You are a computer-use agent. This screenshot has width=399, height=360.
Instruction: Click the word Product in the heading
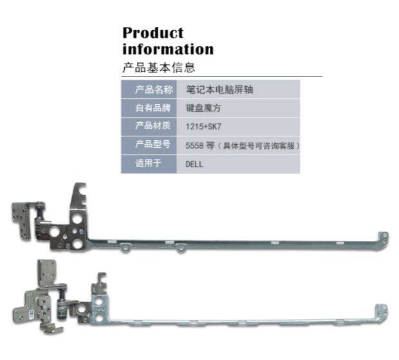153,33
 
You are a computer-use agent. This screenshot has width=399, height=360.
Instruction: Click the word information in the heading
168,49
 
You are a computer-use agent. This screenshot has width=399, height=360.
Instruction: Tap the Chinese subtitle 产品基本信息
158,67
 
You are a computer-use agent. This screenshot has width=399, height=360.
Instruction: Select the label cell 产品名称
149,90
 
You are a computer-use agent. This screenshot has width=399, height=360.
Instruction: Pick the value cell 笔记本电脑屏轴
215,90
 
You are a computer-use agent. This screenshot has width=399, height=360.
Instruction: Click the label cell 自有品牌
149,108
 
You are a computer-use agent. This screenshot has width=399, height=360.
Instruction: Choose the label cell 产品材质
149,126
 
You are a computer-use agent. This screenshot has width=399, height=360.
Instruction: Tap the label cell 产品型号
149,145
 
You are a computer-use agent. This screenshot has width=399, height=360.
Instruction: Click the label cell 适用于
149,163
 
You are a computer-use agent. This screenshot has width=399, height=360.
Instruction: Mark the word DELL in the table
194,164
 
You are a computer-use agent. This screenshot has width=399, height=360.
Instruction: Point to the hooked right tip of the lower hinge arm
384,310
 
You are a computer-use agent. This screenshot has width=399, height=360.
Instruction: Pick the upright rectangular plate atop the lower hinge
47,272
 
